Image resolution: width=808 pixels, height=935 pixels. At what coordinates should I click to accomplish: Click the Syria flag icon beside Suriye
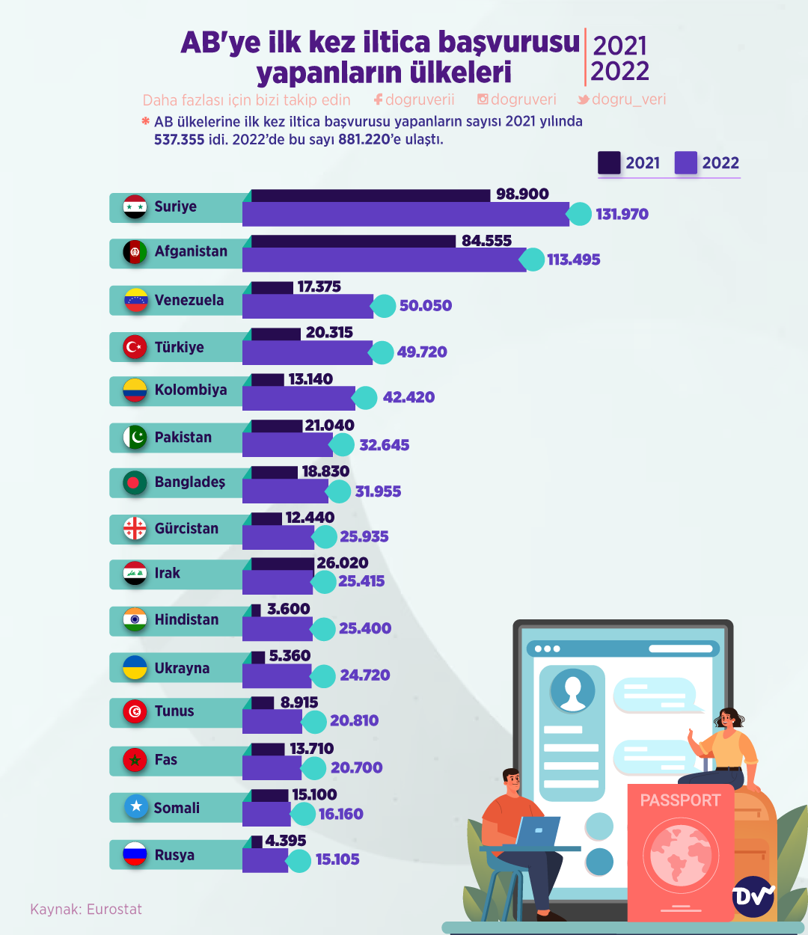pos(135,207)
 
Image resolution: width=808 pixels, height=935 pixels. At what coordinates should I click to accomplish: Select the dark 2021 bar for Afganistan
pos(353,241)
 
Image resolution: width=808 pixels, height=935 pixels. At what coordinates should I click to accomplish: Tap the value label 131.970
pos(622,215)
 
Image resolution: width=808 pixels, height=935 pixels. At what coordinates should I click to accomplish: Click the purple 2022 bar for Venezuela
pos(307,306)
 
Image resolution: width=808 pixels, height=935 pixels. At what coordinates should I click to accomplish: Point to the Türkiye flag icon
pos(135,347)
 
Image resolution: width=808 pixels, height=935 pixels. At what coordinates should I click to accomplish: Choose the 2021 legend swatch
pos(609,163)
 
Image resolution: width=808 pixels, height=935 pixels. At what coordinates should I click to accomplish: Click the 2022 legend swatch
pos(686,163)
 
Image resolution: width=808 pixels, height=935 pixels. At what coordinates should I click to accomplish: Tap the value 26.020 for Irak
pos(343,563)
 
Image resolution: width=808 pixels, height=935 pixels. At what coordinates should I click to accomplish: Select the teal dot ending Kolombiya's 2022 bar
pos(365,398)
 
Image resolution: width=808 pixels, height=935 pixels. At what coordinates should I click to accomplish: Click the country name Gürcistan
pos(186,529)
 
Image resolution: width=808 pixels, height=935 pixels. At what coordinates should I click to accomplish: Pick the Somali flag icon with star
pos(135,807)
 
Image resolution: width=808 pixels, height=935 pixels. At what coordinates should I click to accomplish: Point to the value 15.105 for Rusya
pos(337,859)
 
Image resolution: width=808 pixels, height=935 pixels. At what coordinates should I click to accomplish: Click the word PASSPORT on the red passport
pos(680,800)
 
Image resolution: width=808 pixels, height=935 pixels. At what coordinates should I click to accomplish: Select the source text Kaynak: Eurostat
pos(86,910)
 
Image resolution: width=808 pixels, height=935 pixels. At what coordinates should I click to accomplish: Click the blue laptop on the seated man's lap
pos(537,831)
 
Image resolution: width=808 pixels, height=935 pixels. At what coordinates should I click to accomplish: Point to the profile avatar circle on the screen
pos(572,690)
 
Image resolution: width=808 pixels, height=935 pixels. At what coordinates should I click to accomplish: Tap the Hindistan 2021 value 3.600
pos(288,610)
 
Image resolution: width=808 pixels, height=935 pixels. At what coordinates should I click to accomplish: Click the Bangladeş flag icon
pos(135,482)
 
